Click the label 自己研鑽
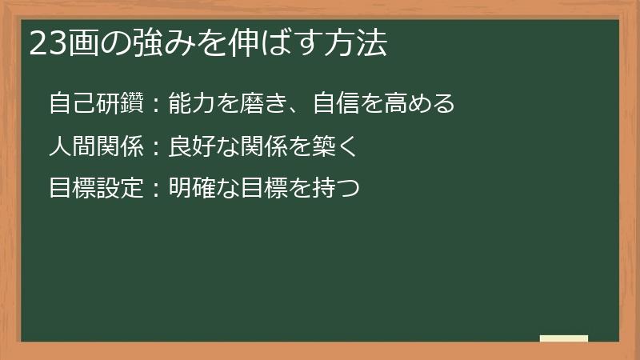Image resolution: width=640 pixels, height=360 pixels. (x=95, y=104)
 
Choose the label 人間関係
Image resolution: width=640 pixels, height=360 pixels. (x=95, y=146)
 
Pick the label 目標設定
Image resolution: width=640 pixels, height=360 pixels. (x=95, y=189)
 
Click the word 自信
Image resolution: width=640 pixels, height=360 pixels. (x=335, y=104)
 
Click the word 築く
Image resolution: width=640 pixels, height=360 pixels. (x=335, y=146)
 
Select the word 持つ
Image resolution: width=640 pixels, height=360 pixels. (x=335, y=189)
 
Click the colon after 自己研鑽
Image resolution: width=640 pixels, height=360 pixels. (x=155, y=105)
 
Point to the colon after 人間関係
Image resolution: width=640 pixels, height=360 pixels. (x=155, y=147)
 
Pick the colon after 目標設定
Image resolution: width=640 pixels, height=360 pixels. (x=155, y=190)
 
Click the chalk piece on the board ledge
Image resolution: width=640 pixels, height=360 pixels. (x=564, y=338)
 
